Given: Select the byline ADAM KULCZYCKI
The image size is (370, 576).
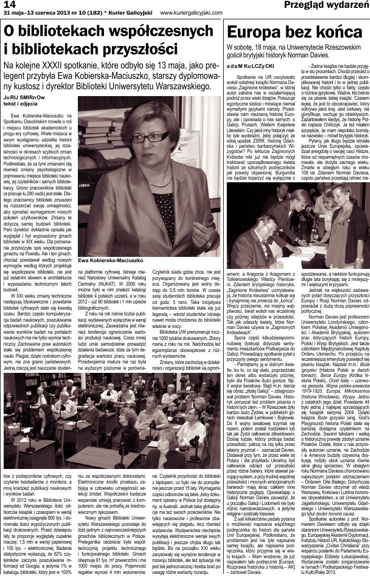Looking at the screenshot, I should (x=251, y=66).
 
